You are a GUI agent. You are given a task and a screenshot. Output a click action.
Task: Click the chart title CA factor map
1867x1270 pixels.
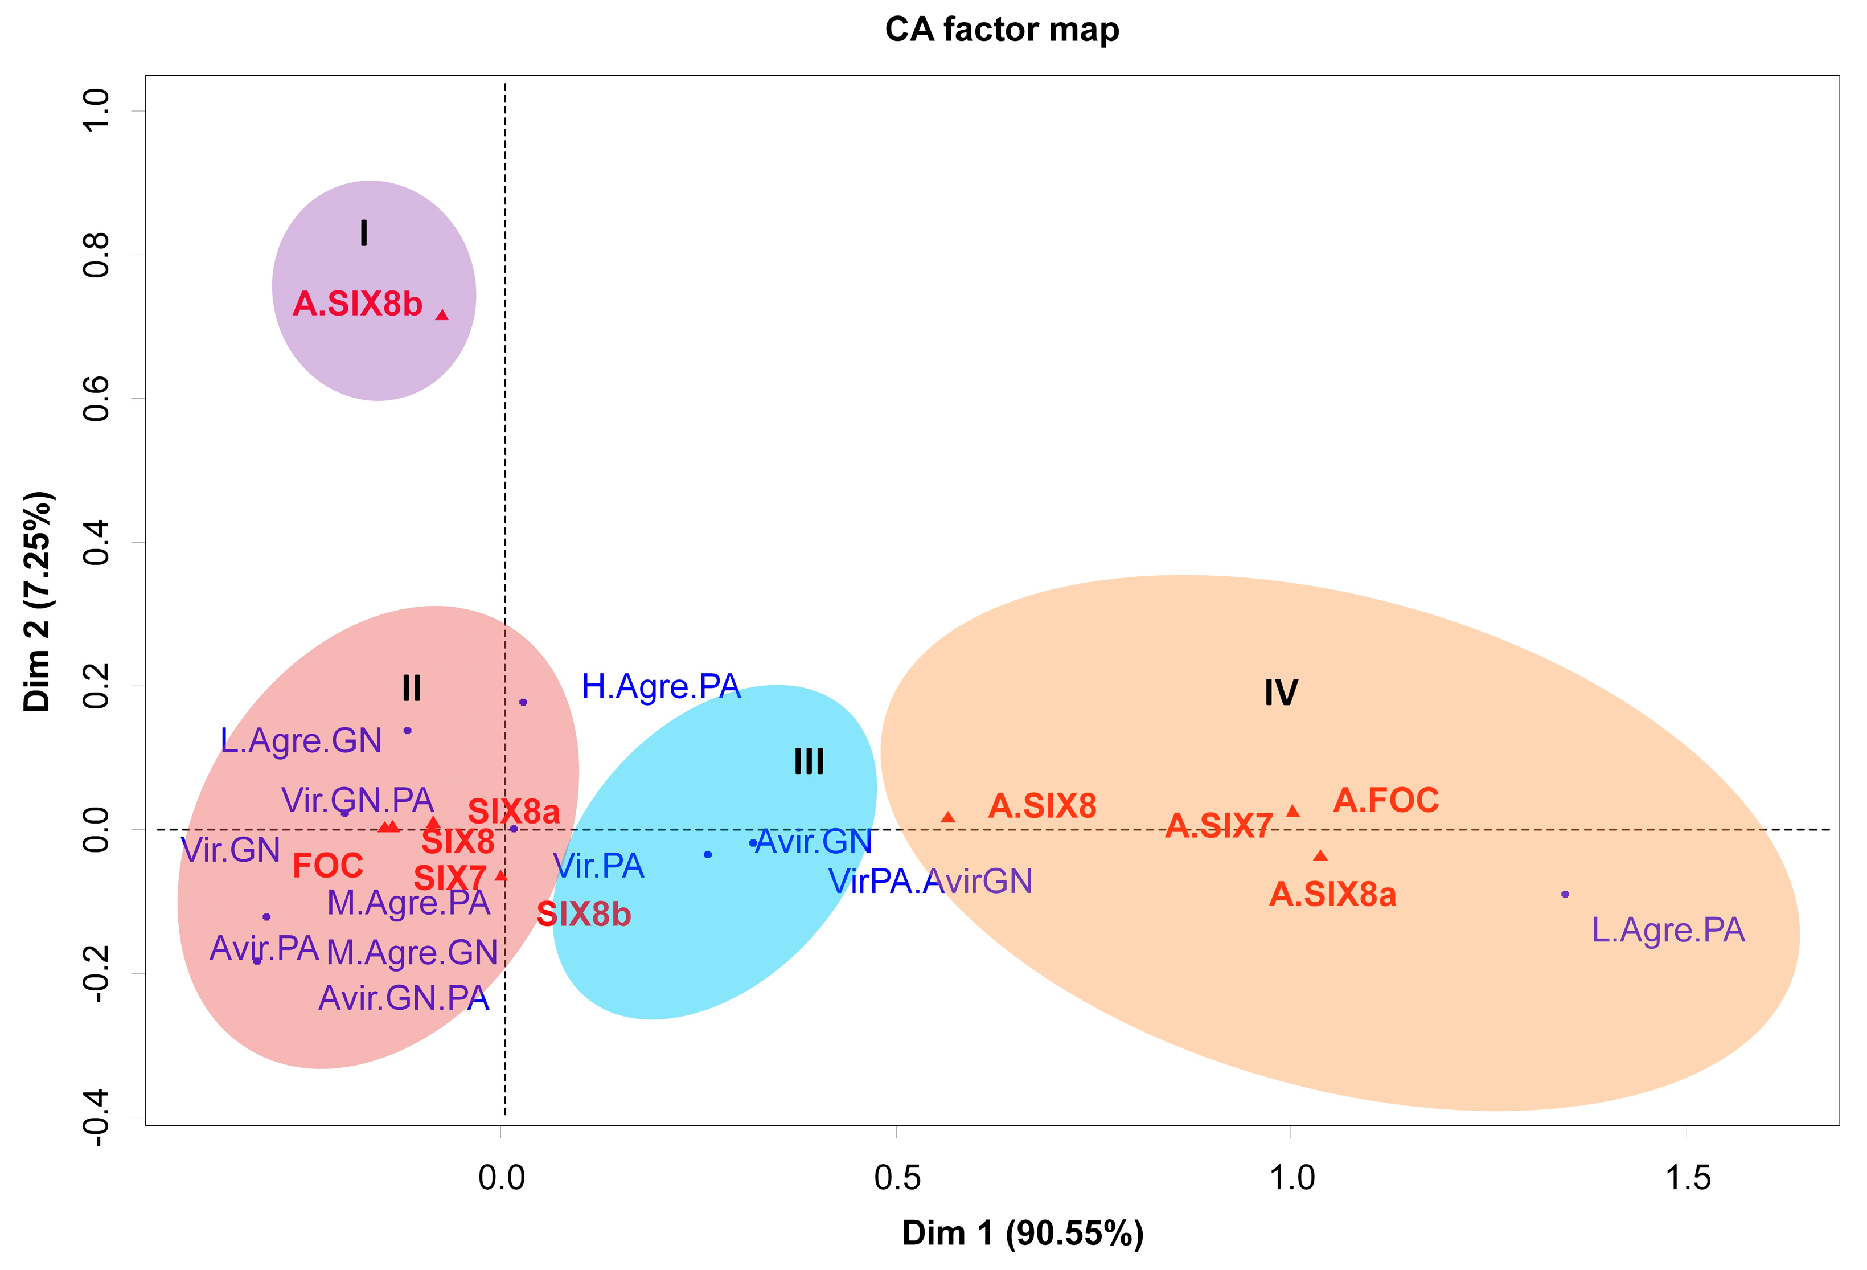[1001, 30]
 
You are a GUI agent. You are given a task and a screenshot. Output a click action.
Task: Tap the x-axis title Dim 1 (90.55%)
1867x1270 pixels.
[1022, 1232]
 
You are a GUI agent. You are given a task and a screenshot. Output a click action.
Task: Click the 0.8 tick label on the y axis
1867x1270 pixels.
[96, 256]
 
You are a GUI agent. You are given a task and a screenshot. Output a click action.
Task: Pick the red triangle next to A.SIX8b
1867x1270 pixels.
[442, 315]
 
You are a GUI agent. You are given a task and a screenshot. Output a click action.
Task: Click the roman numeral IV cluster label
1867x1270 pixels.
[1281, 693]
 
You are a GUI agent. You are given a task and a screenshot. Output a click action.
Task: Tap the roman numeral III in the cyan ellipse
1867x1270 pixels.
[809, 761]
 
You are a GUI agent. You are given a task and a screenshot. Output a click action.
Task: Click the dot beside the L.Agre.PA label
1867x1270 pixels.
[1565, 894]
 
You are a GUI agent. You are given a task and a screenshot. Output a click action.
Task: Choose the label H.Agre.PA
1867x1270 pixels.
[660, 687]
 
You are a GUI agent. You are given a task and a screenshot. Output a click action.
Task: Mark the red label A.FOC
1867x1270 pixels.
[1386, 800]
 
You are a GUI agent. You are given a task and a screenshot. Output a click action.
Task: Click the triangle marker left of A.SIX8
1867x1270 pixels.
[948, 817]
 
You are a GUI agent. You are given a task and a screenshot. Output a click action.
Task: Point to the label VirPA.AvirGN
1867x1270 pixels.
[930, 881]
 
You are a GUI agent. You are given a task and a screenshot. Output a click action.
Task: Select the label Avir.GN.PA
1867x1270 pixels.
[404, 998]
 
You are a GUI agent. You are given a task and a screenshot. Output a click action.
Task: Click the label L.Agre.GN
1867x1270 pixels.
[301, 740]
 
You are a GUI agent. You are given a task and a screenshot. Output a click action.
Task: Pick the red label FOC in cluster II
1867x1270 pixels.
[328, 866]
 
